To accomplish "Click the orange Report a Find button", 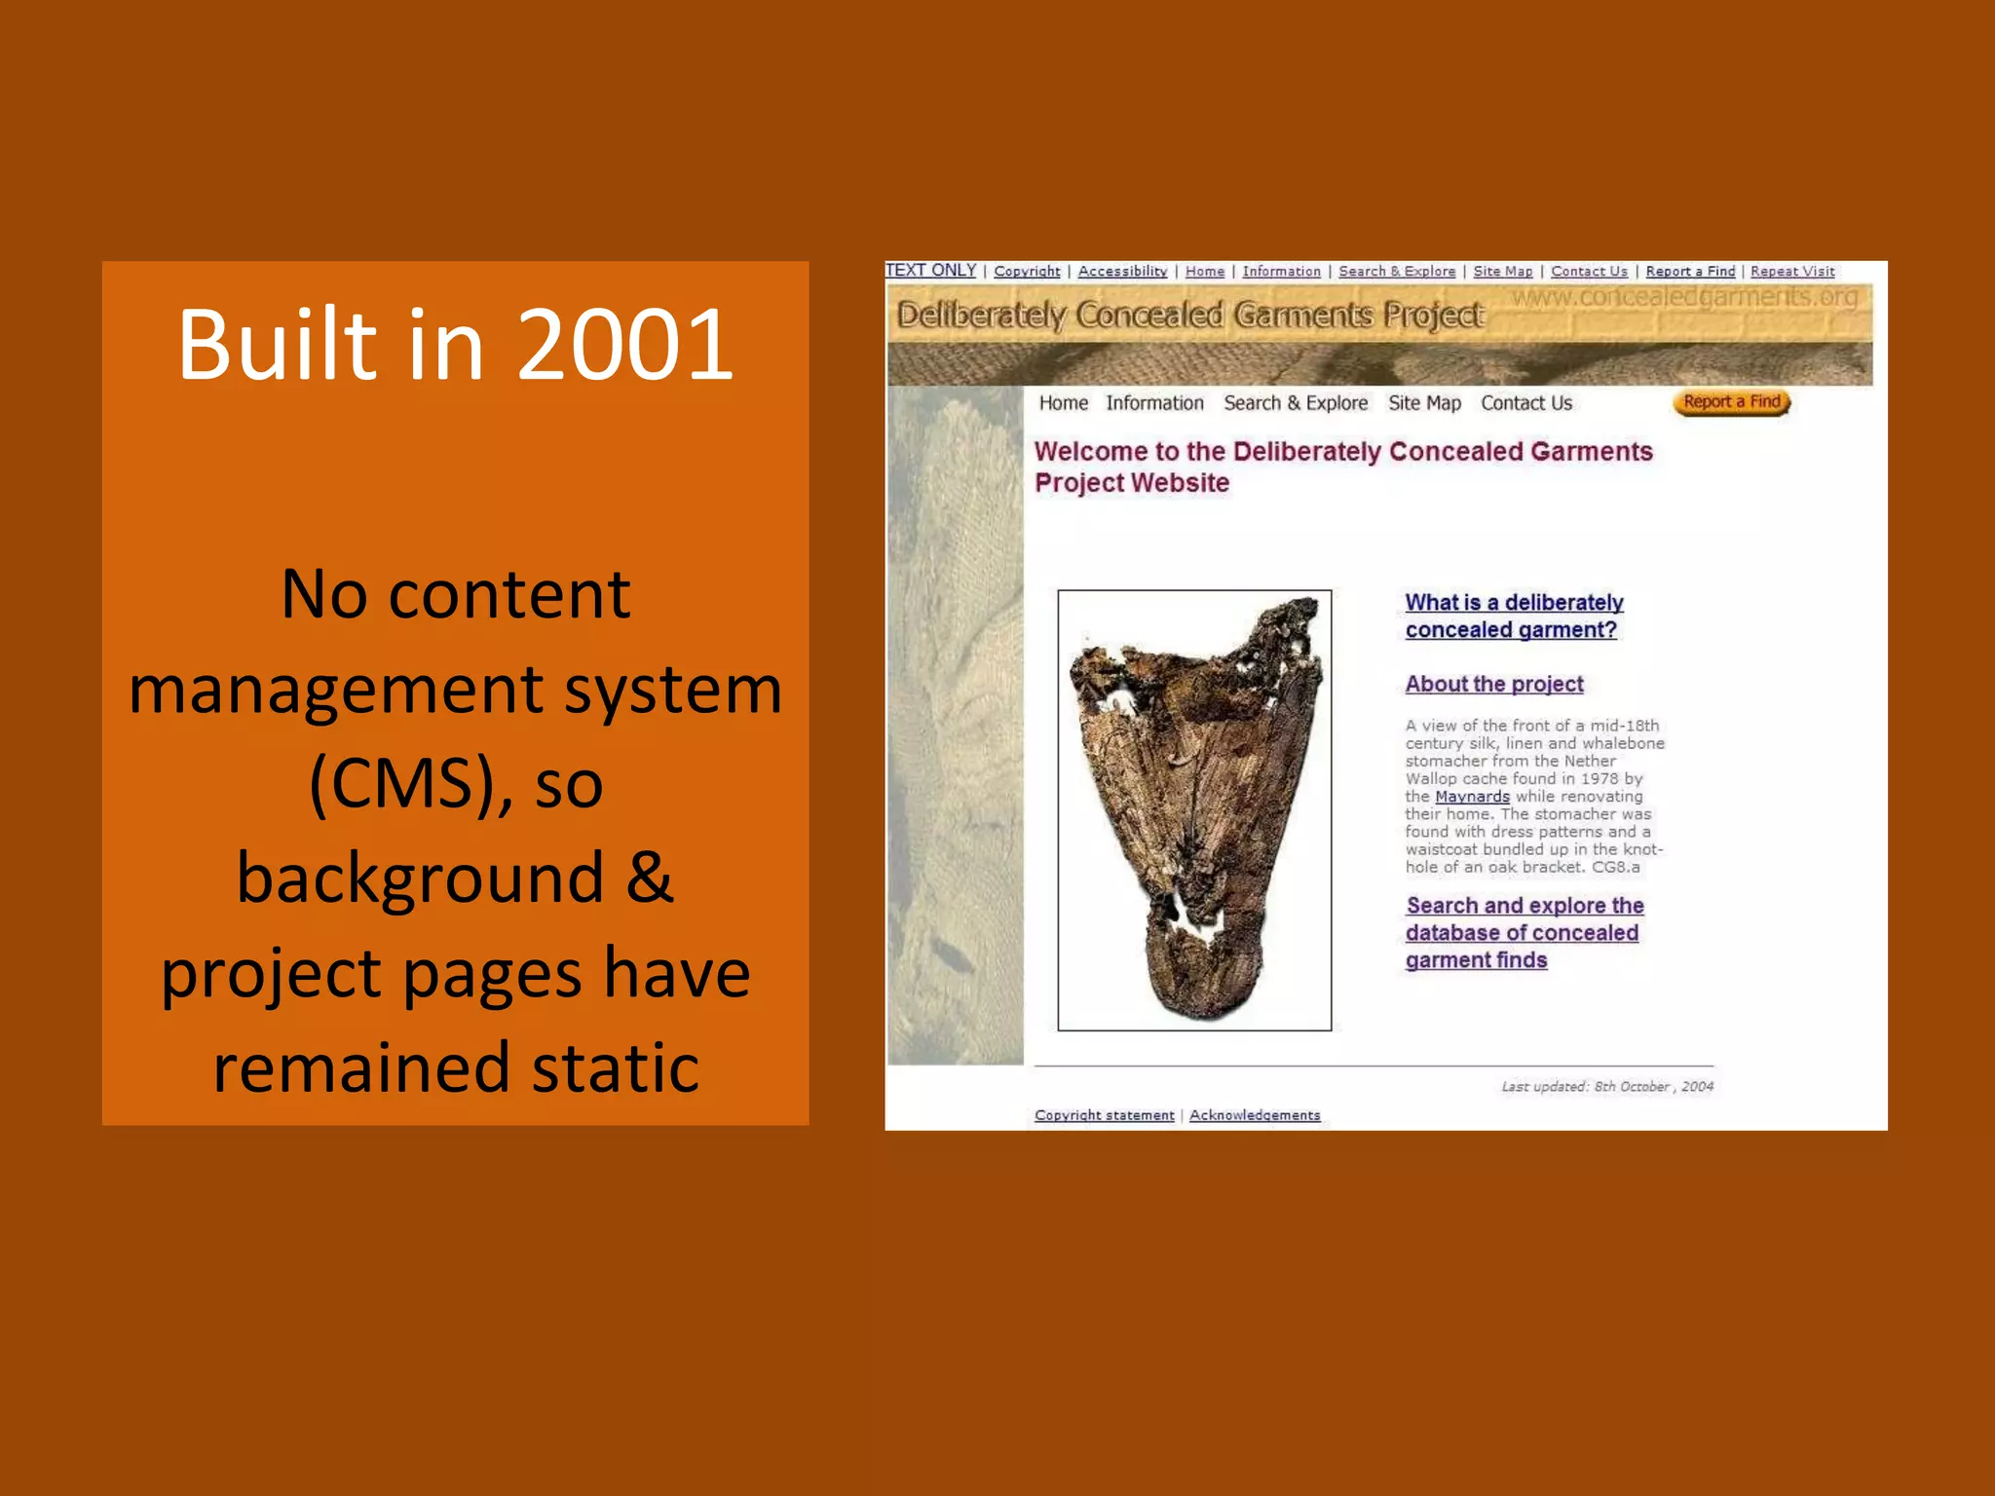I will coord(1731,402).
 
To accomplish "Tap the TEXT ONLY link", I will coord(930,271).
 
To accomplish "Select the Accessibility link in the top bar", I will coord(1122,272).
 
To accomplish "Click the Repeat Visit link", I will coord(1791,272).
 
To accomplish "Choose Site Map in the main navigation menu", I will coord(1424,403).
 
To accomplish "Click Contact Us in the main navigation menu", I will coord(1526,403).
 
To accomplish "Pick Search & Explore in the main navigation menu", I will coord(1296,403).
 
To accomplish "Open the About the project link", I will coord(1494,684).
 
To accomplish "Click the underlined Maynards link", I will coord(1472,797).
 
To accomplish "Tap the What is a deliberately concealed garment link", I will coord(1513,617).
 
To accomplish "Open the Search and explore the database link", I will coord(1524,932).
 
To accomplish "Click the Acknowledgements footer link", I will coord(1255,1115).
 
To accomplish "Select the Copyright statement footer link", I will coord(1104,1115).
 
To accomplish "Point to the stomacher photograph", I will coord(1194,809).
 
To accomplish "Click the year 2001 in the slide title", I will coord(624,345).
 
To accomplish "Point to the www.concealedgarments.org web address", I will coord(1684,296).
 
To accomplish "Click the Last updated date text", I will coord(1606,1087).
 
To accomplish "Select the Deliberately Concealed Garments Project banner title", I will coord(1189,316).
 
